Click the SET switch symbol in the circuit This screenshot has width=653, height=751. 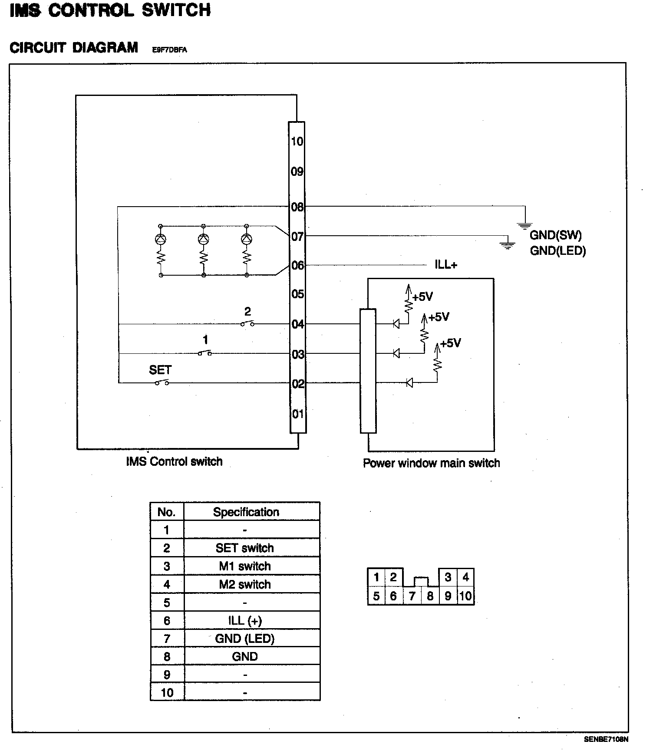coord(162,382)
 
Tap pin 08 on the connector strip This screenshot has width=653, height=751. coord(297,207)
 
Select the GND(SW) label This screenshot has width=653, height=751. coord(555,235)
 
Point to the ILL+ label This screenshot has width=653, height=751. coord(446,265)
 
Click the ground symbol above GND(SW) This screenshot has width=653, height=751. coord(524,225)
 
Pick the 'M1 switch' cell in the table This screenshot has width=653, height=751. coord(245,566)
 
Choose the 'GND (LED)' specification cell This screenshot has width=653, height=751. coord(245,639)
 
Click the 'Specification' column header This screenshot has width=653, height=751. coord(246,512)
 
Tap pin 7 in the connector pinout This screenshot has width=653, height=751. coord(412,596)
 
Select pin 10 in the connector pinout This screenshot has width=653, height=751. coord(465,596)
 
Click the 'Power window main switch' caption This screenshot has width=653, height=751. coord(431,463)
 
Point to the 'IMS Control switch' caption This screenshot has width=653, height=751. coord(174,461)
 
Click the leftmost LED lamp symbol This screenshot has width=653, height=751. coord(161,239)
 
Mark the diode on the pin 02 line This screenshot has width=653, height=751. coord(409,383)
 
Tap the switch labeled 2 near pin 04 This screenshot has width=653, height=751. coord(247,323)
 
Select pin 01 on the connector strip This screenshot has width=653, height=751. coord(297,414)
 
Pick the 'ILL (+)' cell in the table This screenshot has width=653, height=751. coord(245,621)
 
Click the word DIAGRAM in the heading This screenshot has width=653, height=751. coord(105,47)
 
